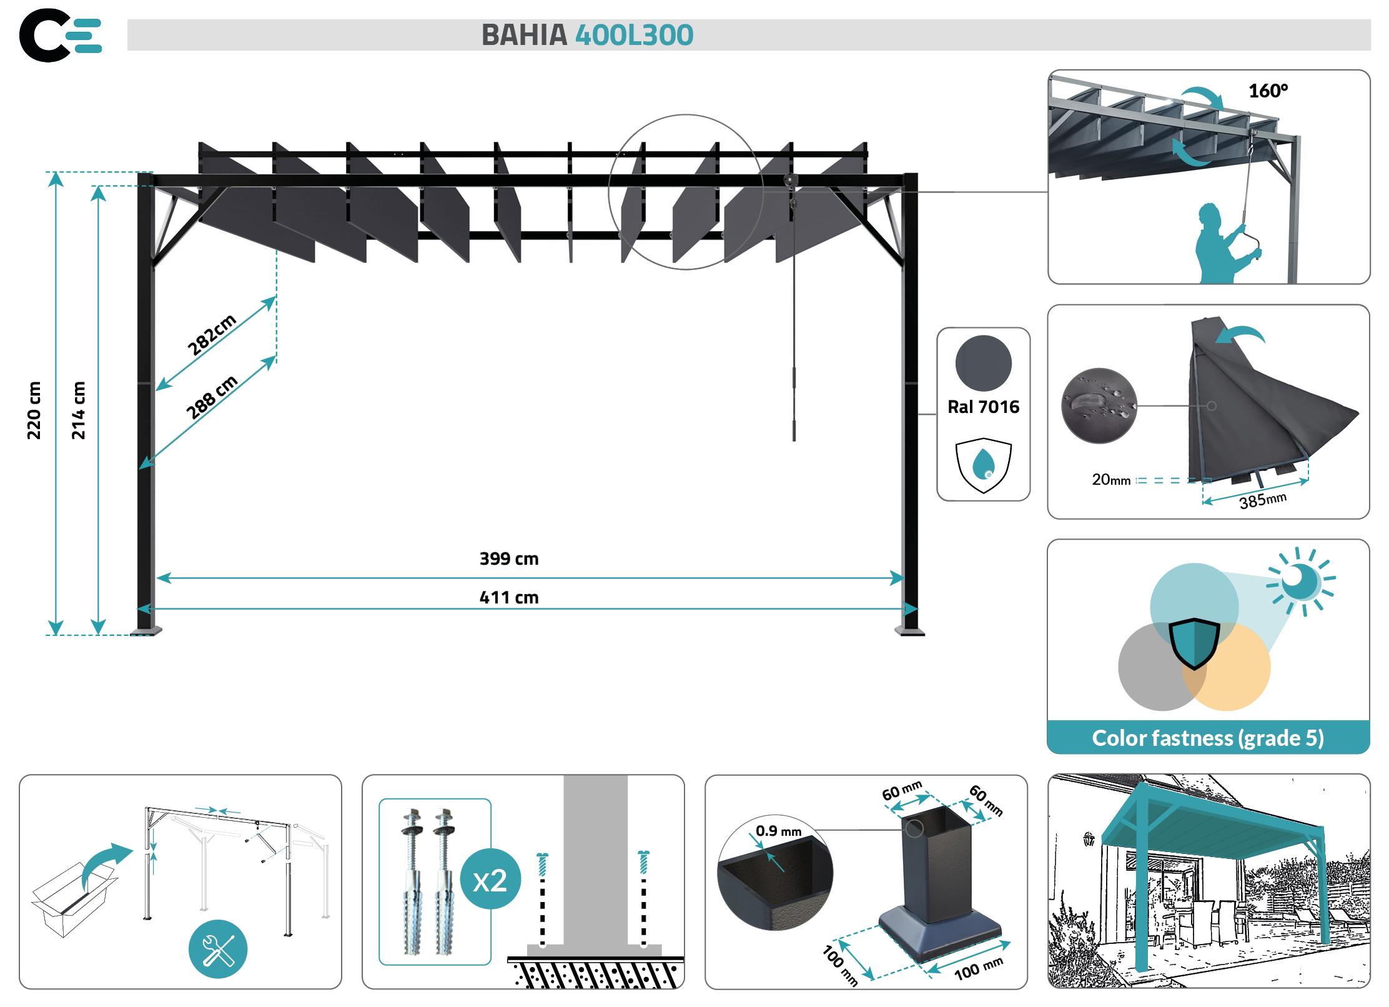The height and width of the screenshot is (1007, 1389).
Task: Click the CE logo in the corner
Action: point(60,35)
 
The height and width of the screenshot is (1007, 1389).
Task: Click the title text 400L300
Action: point(633,35)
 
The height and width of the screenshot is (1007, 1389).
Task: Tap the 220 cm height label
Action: point(34,410)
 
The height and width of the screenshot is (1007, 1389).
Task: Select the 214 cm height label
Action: point(78,410)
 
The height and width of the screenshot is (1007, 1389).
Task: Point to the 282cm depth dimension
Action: point(212,335)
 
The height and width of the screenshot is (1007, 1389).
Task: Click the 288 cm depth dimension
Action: point(212,397)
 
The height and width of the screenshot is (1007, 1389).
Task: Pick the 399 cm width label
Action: point(508,558)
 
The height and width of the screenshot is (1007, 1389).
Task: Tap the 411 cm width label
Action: point(508,598)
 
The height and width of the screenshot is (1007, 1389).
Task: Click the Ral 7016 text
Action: point(983,407)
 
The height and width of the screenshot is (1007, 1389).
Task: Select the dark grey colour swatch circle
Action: point(983,364)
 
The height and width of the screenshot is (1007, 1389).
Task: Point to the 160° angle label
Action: point(1268,91)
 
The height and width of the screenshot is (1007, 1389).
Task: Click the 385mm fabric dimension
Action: point(1262,500)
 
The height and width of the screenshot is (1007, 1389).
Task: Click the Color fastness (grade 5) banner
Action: point(1208,738)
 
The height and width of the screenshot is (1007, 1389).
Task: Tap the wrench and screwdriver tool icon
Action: point(218,950)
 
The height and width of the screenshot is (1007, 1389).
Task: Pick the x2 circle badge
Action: point(490,881)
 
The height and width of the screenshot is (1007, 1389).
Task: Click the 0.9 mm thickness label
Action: point(778,831)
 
